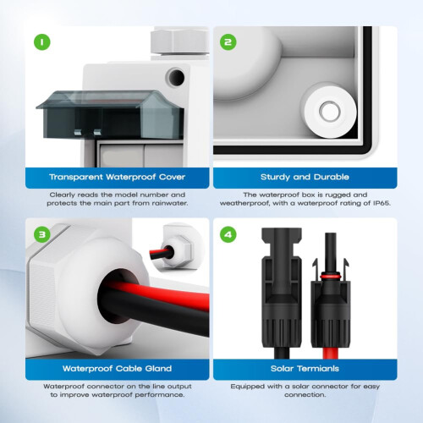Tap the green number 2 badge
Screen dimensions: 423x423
(x=228, y=41)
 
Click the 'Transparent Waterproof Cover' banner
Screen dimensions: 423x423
(x=117, y=177)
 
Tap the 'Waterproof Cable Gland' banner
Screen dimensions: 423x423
(x=117, y=369)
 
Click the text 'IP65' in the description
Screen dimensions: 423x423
(x=378, y=203)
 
